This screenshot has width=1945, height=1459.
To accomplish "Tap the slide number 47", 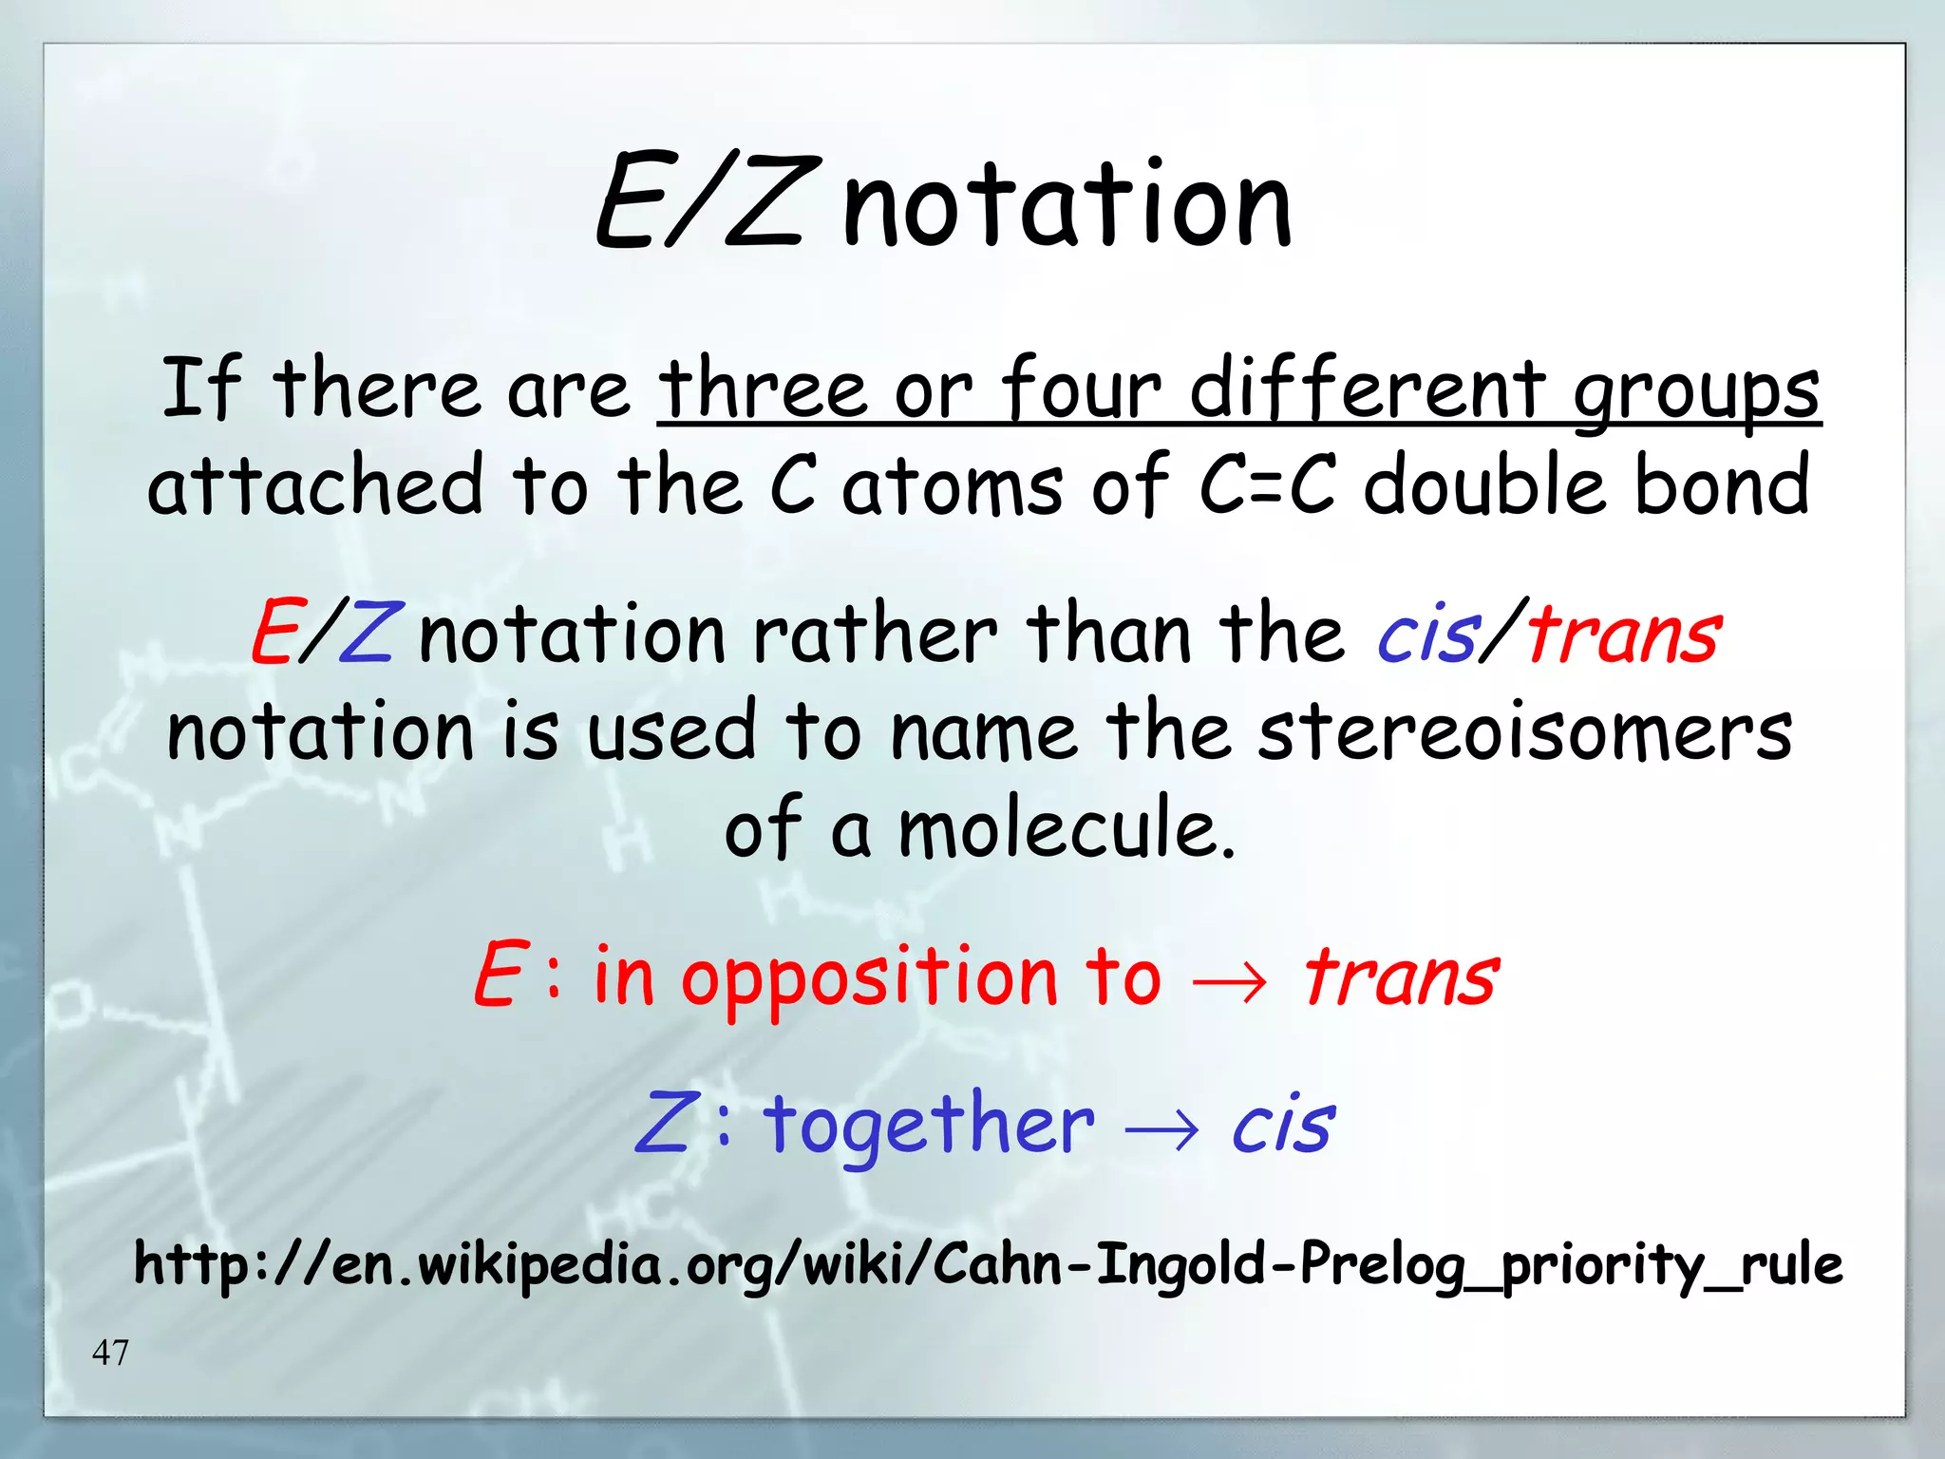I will (x=110, y=1351).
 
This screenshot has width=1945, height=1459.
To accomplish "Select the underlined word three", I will (x=763, y=388).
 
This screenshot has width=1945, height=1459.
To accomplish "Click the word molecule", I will (x=1066, y=829).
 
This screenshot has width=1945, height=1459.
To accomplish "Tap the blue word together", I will (x=929, y=1125).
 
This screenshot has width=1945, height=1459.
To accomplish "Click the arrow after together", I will (x=1161, y=1128).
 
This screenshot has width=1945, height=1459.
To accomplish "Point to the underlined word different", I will (x=1369, y=388).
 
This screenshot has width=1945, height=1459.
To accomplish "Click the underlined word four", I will (x=1082, y=388).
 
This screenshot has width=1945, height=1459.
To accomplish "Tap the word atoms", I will (x=952, y=486).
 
